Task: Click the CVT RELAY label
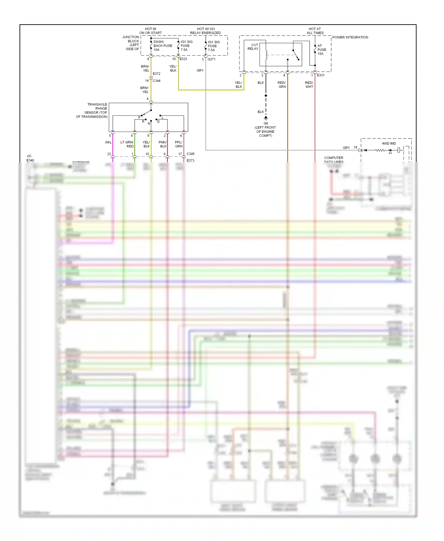click(x=253, y=47)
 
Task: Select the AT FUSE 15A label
click(x=321, y=50)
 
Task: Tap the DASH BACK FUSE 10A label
click(x=163, y=46)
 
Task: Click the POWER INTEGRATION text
click(x=350, y=37)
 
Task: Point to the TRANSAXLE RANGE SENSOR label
click(x=92, y=110)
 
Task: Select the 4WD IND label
click(x=389, y=144)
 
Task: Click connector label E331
click(x=321, y=75)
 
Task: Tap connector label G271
click(x=211, y=59)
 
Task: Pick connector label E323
click(x=183, y=59)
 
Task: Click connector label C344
click(x=156, y=81)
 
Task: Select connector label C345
click(x=190, y=154)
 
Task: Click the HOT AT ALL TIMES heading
click(x=315, y=31)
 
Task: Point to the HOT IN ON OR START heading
click(x=150, y=31)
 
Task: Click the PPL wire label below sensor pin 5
click(x=108, y=143)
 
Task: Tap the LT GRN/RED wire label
click(x=127, y=144)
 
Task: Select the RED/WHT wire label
click(x=309, y=85)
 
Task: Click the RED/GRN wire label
click(x=282, y=85)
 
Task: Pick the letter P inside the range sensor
click(x=139, y=117)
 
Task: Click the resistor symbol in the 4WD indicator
click(x=380, y=150)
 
